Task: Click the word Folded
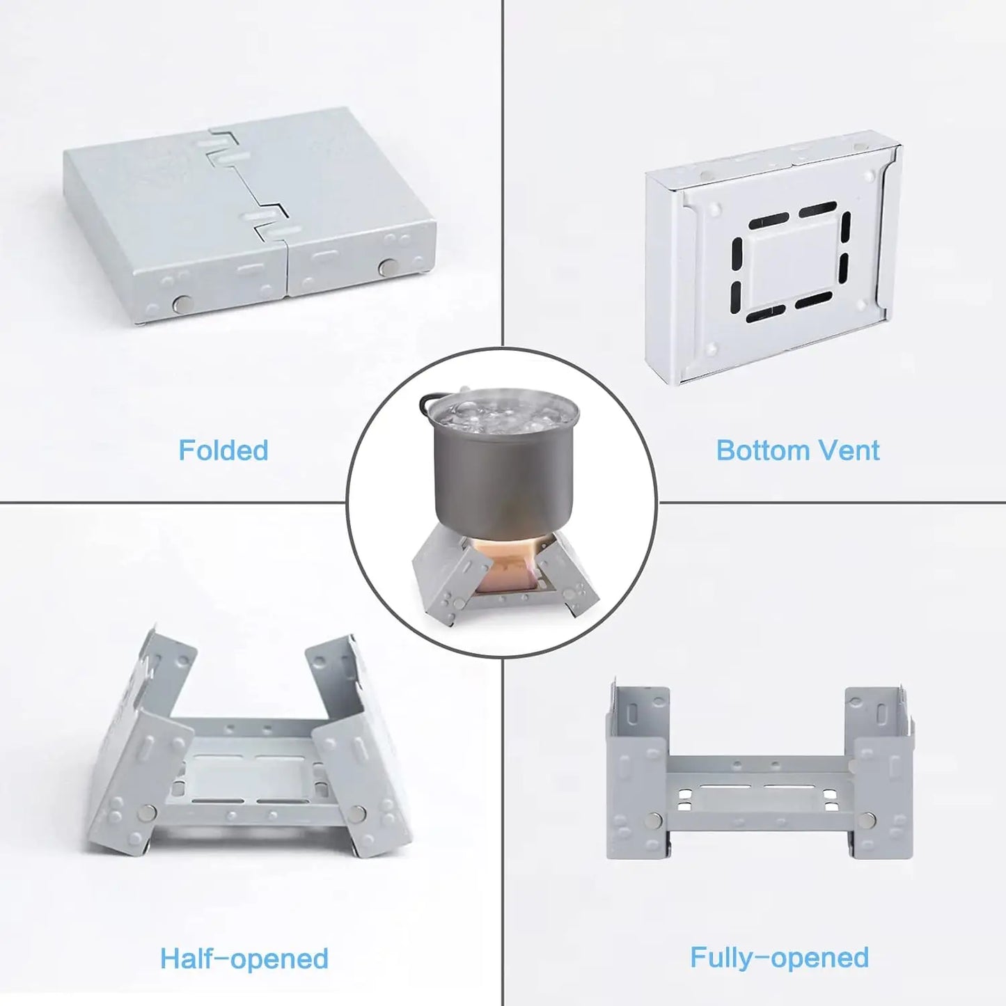(x=223, y=450)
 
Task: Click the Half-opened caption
(x=244, y=959)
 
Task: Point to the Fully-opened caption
(x=779, y=957)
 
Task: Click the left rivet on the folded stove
(x=182, y=303)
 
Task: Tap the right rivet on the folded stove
(x=386, y=267)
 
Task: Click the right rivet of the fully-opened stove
(x=867, y=822)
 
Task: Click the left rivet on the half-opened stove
(x=148, y=812)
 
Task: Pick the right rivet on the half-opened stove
(x=357, y=812)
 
